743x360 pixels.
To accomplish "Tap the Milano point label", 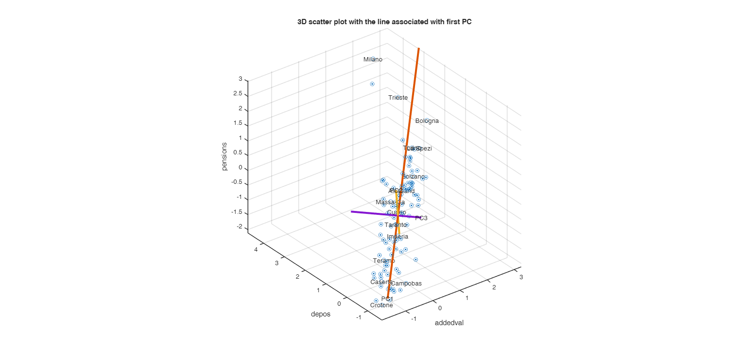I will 372,60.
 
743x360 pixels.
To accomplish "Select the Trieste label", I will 398,98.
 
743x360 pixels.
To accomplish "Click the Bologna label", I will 427,121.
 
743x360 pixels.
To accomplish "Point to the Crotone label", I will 381,305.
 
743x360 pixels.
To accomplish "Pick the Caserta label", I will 381,282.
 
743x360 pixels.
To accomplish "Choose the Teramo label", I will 384,261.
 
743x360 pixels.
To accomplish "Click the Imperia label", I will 397,237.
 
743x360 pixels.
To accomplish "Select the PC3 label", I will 421,218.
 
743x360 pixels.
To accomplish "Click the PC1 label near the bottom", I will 387,299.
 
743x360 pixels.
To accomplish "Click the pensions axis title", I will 224,156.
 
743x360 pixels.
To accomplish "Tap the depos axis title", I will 320,314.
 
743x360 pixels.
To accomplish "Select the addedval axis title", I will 449,323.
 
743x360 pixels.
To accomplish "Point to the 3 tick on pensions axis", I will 240,79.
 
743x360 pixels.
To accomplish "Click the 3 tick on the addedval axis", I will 521,277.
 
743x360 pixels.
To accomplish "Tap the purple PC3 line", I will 368,213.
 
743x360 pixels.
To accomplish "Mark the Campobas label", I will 406,284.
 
